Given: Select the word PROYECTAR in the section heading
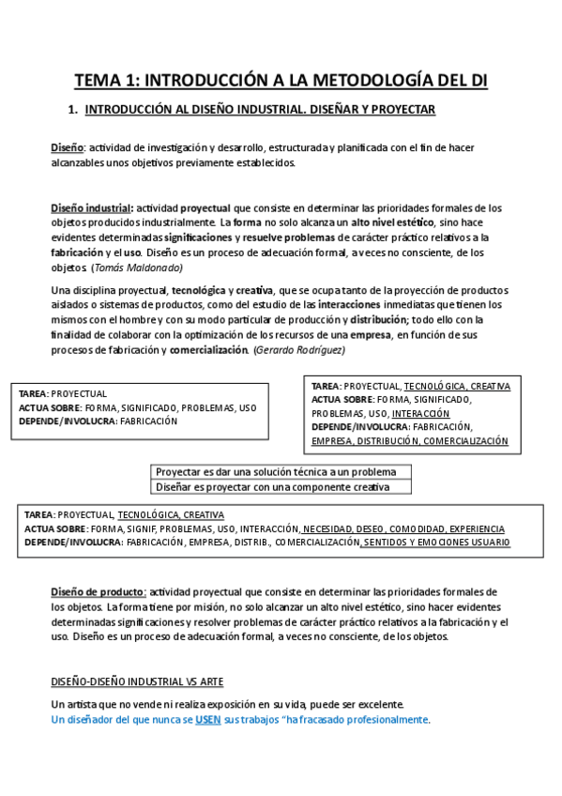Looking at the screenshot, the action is pos(399,110).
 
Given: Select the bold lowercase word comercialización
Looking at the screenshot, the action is pos(209,350).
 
